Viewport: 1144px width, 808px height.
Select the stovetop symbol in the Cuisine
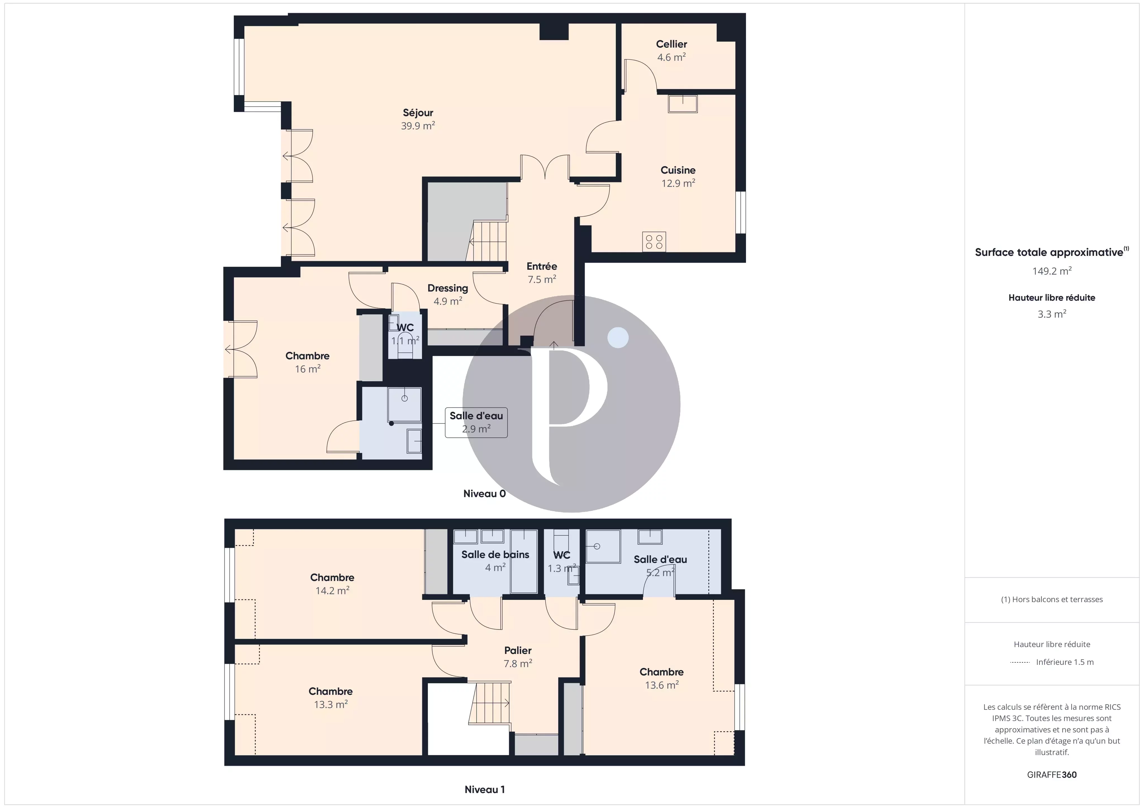click(654, 242)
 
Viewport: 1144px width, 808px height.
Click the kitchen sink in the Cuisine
click(683, 104)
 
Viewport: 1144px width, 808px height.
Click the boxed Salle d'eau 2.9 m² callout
click(476, 422)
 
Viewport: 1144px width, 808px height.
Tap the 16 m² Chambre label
click(308, 362)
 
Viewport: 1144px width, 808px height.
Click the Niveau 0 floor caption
click(484, 493)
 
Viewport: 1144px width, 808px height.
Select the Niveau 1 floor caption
click(484, 789)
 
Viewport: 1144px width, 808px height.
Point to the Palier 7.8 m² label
click(518, 657)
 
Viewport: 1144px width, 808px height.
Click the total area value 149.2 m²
click(1052, 271)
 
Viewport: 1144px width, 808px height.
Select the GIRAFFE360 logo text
click(1052, 775)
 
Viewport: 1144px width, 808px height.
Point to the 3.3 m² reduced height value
click(1052, 314)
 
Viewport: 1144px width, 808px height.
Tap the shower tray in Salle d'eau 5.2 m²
click(603, 546)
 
